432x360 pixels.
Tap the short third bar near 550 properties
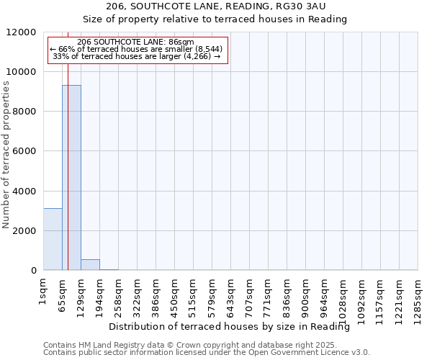click(x=90, y=264)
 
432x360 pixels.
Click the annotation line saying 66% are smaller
click(x=137, y=49)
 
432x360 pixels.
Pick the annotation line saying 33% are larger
click(x=137, y=56)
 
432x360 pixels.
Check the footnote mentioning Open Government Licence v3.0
click(x=207, y=352)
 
